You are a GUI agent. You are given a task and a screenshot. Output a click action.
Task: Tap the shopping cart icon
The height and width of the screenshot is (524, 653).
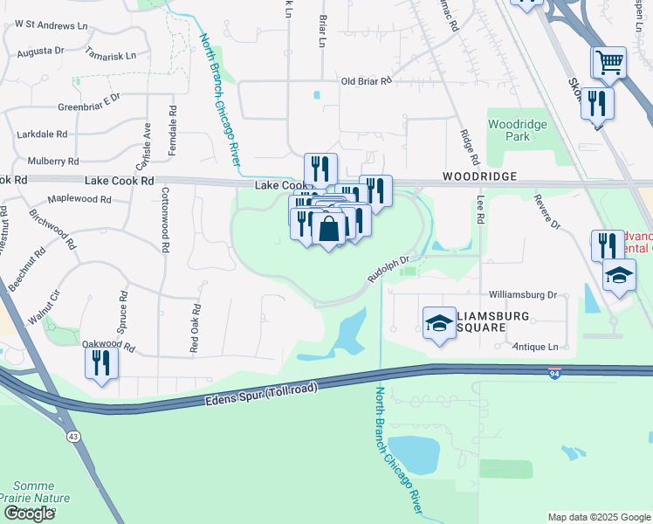click(608, 62)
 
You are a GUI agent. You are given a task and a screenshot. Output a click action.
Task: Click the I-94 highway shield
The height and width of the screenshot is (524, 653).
click(555, 373)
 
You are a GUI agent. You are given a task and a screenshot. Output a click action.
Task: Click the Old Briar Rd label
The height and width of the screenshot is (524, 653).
click(367, 81)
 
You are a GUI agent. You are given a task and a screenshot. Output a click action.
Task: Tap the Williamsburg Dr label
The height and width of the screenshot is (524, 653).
click(523, 296)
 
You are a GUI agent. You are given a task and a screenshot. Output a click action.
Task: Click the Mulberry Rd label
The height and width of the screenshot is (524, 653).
click(53, 162)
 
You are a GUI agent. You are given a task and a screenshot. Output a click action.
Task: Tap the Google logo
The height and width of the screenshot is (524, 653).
click(29, 514)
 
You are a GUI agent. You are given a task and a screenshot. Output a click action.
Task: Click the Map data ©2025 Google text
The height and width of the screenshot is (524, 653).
click(598, 517)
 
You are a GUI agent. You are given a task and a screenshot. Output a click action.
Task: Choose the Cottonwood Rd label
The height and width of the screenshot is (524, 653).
click(164, 223)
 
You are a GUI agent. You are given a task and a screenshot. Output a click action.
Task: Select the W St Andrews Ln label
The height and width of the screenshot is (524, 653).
click(46, 26)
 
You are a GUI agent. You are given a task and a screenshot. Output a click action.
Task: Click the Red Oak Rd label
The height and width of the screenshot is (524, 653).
click(195, 328)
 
